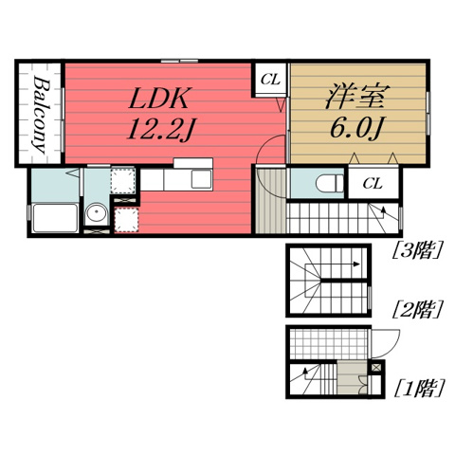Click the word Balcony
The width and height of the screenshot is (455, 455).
coord(41,115)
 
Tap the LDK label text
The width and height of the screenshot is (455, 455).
coord(160,99)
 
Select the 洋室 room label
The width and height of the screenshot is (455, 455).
coord(357,97)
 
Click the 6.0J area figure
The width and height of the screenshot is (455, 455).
coord(356,129)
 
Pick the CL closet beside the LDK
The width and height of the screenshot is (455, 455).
coord(270,80)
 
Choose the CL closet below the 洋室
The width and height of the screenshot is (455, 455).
coord(373,183)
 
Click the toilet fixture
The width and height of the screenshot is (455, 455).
coord(329,183)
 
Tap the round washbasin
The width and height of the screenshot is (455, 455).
coord(97,212)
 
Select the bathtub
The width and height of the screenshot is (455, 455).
coord(55,218)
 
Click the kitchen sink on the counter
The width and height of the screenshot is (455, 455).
coord(201,179)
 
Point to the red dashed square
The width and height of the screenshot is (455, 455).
coord(126,220)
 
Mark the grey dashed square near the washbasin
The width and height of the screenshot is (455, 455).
coord(122,180)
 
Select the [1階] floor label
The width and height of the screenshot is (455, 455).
coord(419,388)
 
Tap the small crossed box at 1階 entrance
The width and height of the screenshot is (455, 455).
coord(376,368)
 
